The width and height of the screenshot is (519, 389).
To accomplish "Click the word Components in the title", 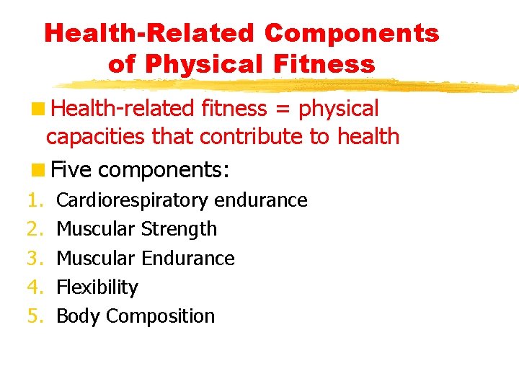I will click(x=352, y=33).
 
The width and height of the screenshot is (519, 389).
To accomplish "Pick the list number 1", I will click(x=35, y=200).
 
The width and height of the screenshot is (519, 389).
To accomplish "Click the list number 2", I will click(x=35, y=229).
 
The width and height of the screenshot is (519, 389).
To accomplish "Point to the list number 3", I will click(x=35, y=258).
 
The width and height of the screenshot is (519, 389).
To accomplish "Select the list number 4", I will click(x=35, y=287).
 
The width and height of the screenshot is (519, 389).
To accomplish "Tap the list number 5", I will click(x=35, y=316).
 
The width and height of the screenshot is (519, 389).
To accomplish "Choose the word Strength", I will click(x=179, y=229).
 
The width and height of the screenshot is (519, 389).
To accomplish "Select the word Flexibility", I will click(x=97, y=287).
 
